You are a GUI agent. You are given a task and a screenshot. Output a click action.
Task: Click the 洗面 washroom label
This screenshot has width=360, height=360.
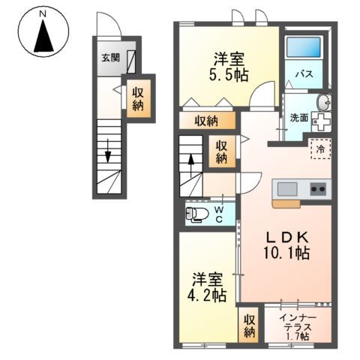298,117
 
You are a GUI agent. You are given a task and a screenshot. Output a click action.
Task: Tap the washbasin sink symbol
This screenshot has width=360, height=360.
323,103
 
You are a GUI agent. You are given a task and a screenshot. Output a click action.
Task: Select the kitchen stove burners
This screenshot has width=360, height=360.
316,187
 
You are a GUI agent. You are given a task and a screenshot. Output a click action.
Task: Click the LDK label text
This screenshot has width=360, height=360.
285,237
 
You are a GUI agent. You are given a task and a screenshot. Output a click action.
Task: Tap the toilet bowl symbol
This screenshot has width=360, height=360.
197,215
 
